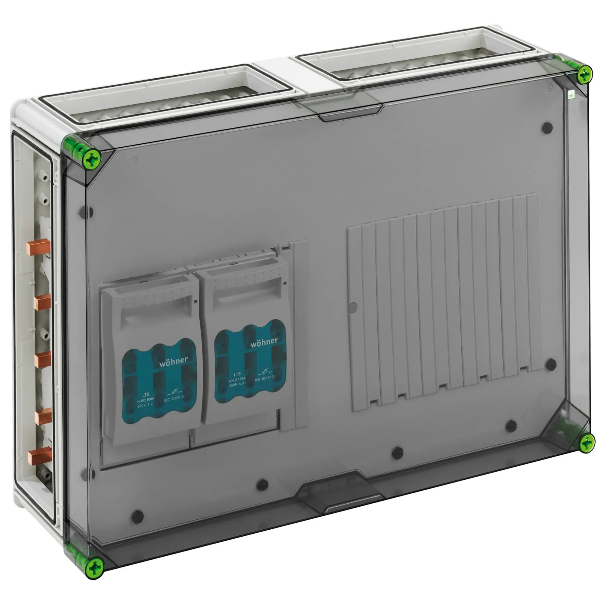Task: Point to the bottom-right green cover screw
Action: [587, 443]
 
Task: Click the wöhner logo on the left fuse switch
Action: [173, 362]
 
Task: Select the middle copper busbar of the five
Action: [42, 359]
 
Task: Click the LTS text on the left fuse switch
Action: [146, 394]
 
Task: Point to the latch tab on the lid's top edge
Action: [351, 113]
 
